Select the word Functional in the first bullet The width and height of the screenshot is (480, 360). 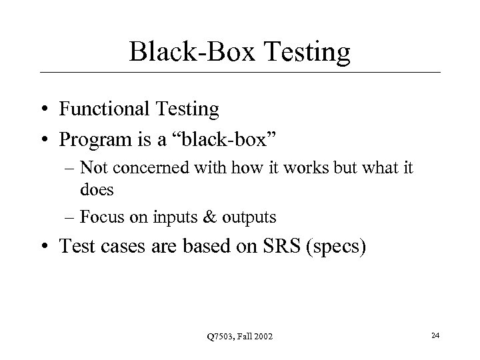coord(97,109)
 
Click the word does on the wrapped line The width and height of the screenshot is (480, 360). coord(97,189)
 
